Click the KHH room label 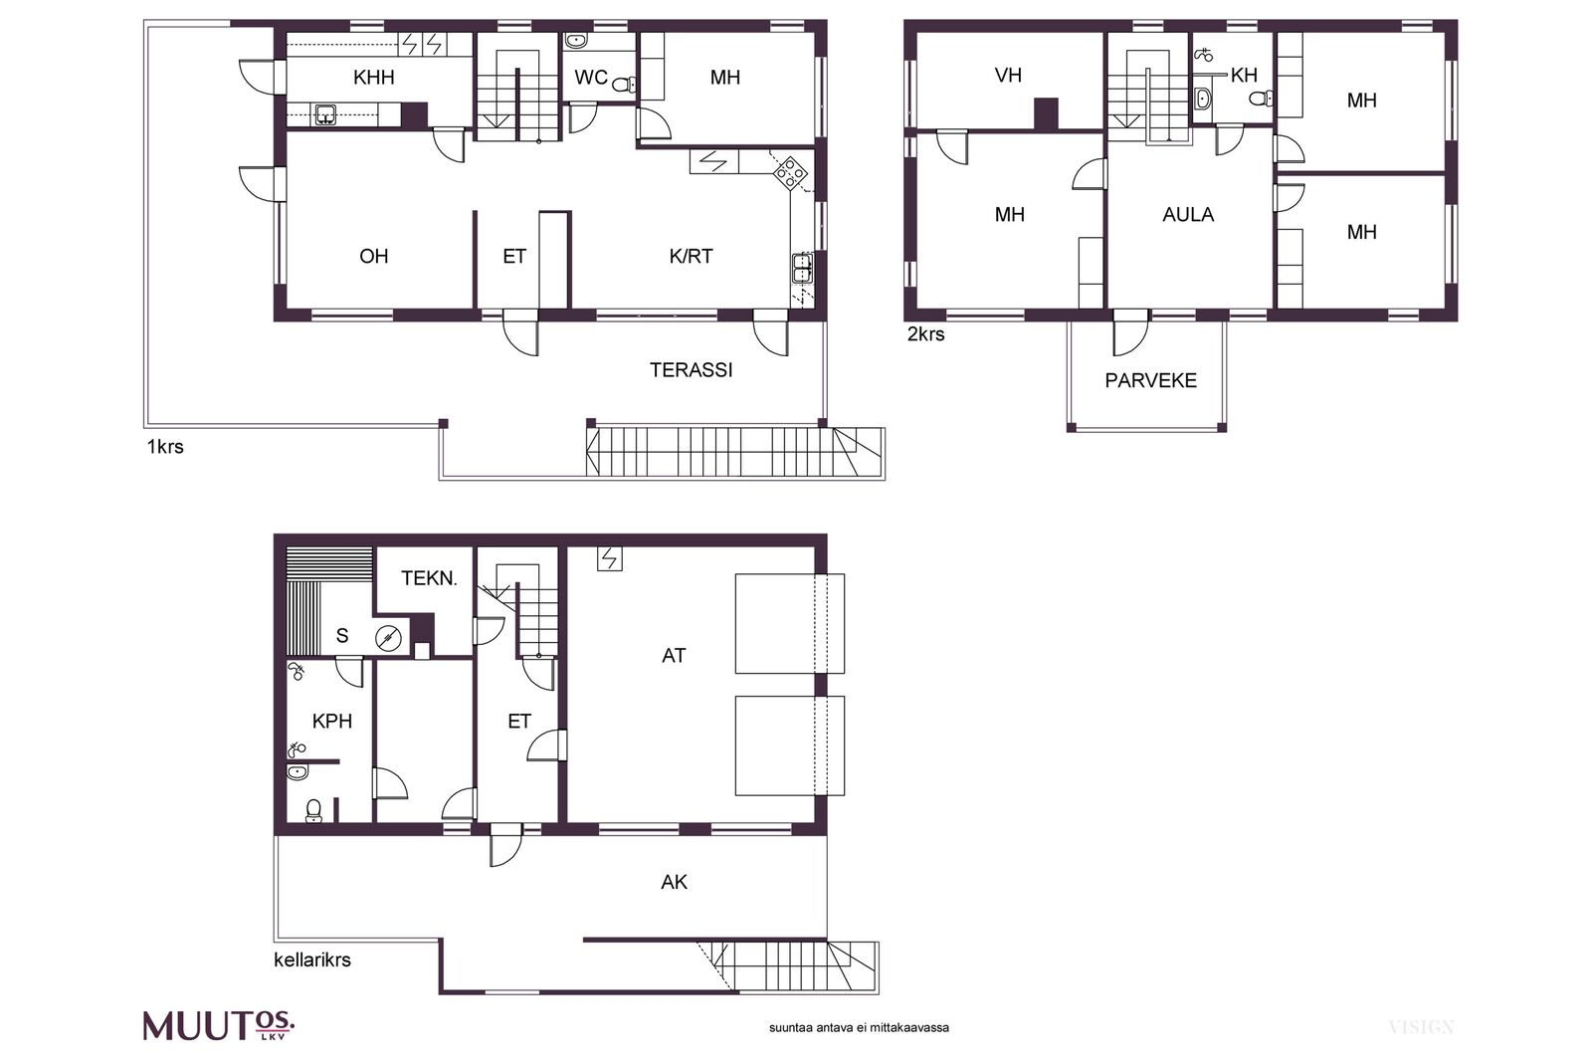click(x=374, y=77)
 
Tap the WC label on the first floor click(x=591, y=77)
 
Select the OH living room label click(x=374, y=256)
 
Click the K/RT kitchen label click(x=691, y=256)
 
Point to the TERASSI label click(x=691, y=369)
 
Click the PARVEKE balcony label click(x=1150, y=380)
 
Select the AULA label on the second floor click(x=1188, y=215)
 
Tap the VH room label click(x=1008, y=75)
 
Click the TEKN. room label click(x=429, y=578)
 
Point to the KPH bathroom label click(x=332, y=721)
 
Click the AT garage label click(x=673, y=655)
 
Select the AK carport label click(x=674, y=882)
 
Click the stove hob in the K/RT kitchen click(x=790, y=171)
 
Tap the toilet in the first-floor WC click(x=623, y=86)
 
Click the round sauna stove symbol click(x=387, y=638)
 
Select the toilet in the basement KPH click(x=313, y=809)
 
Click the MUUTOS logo click(x=219, y=1026)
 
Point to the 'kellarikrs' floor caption click(x=312, y=959)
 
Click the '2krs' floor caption click(x=925, y=334)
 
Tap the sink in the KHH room click(x=325, y=113)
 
